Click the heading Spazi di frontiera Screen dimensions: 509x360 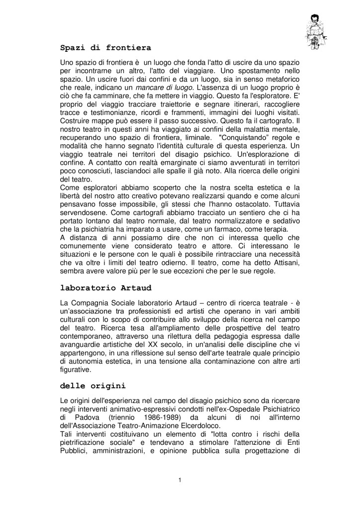coord(105,48)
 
